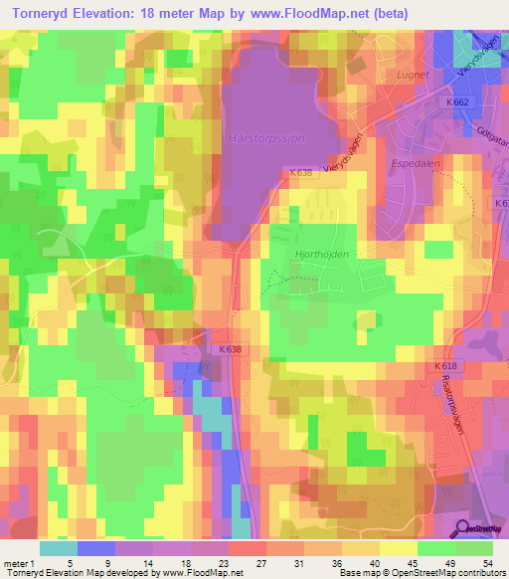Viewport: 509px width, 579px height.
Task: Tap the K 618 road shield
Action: [x=445, y=366]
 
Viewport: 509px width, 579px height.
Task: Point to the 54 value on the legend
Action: [x=487, y=564]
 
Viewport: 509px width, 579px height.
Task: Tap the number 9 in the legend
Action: [x=108, y=564]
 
